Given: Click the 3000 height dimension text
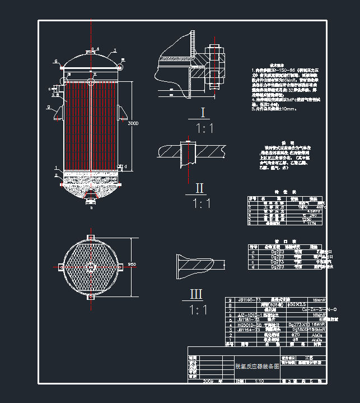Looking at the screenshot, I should (132, 123).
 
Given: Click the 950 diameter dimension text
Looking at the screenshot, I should (132, 264).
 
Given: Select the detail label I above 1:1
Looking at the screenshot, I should (203, 113).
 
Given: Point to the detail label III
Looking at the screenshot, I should (197, 294).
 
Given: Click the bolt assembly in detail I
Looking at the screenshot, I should (215, 67).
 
